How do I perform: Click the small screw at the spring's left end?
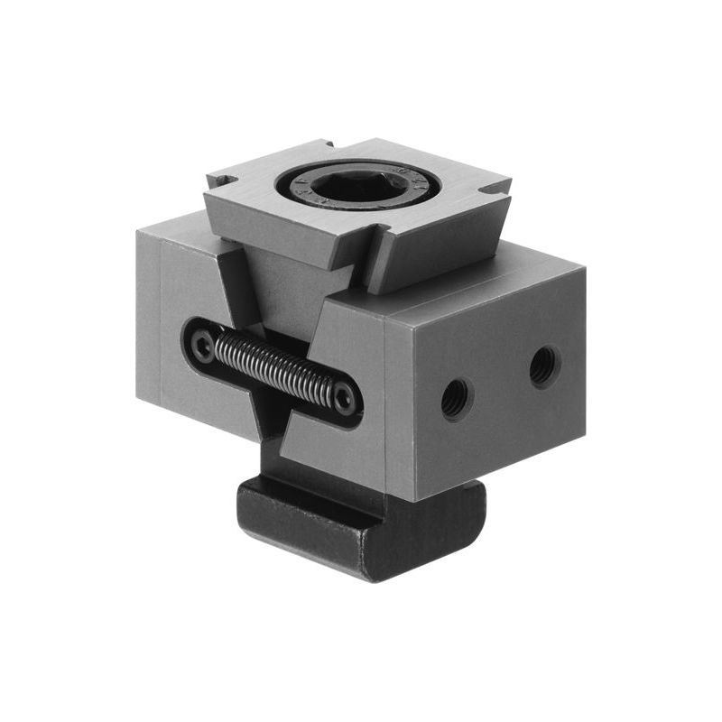click(205, 344)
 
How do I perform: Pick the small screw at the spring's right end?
click(344, 398)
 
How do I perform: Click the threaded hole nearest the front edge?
click(456, 396)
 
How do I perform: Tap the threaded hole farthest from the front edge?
click(543, 366)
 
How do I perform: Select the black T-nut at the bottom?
click(361, 532)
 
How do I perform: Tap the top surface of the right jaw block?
click(478, 271)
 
